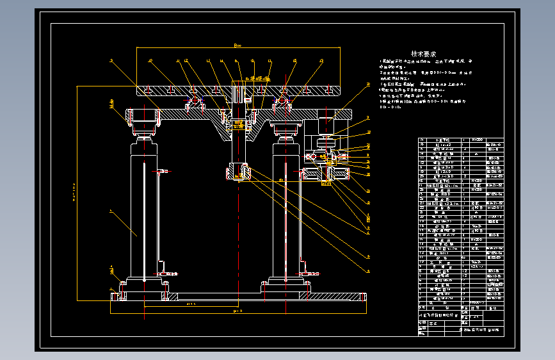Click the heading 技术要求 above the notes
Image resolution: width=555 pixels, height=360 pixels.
tap(423, 54)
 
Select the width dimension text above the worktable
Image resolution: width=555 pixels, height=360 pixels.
tap(237, 45)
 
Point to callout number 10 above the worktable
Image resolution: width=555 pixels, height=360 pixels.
tap(150, 61)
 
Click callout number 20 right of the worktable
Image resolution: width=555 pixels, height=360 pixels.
tap(368, 85)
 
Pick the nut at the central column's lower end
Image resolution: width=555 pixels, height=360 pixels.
tap(237, 172)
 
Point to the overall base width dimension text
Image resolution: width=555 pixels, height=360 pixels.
tap(237, 311)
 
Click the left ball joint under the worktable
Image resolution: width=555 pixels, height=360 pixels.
tap(195, 101)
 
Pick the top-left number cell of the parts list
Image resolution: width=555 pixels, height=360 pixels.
tap(421, 140)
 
